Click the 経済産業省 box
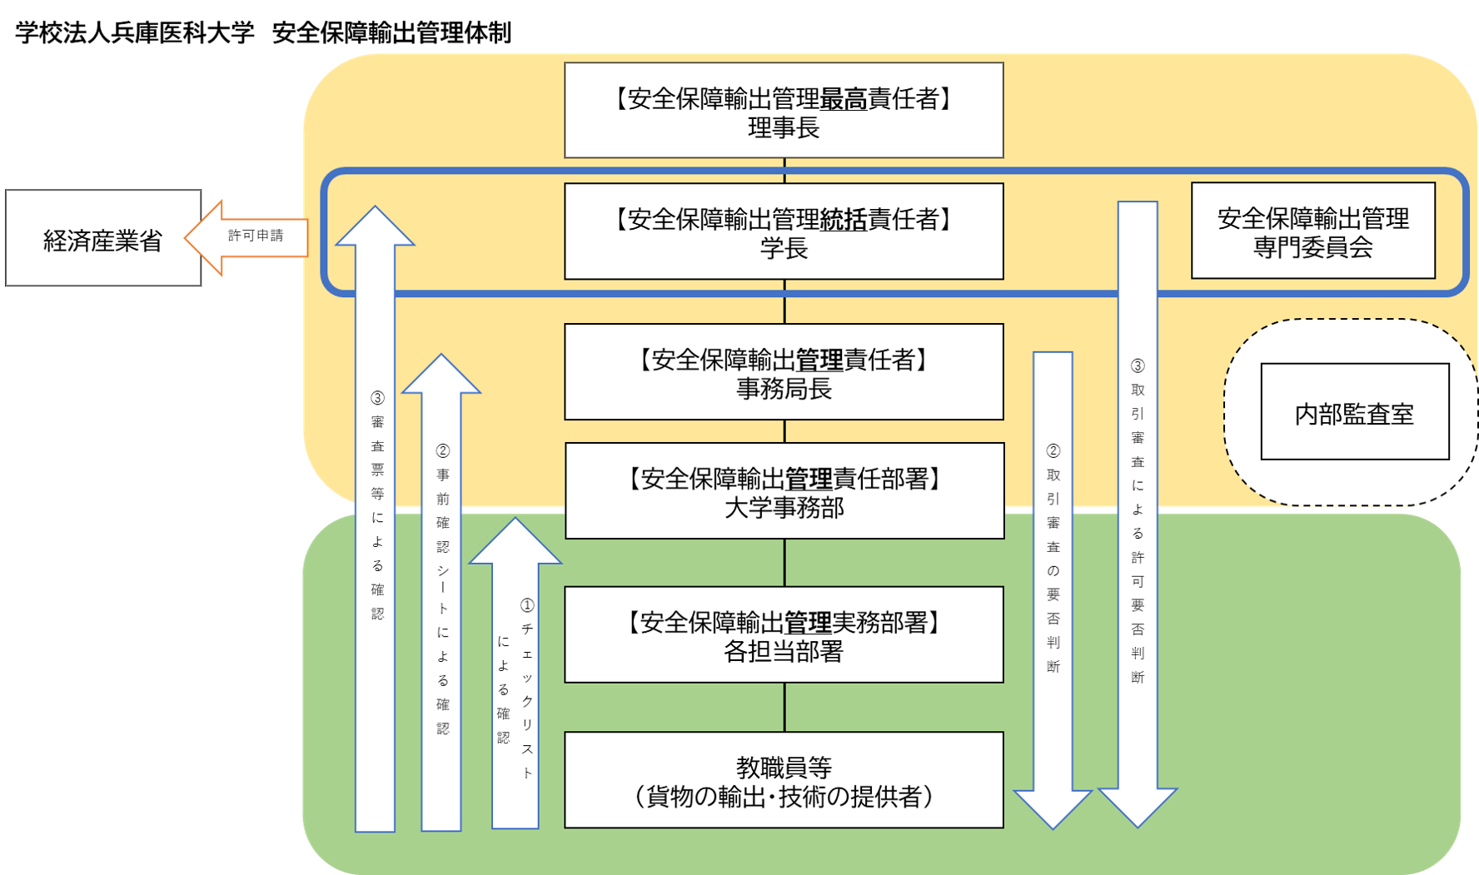pos(102,239)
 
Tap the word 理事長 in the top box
pos(784,128)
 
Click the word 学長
pos(784,248)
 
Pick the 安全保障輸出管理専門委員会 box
pos(1312,231)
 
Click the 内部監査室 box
pos(1354,412)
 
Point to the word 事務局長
pos(784,389)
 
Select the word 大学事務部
pos(784,508)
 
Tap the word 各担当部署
pos(784,652)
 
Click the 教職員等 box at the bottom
pos(784,780)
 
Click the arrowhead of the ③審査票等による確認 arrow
pos(375,227)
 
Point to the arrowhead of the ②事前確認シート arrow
pos(441,375)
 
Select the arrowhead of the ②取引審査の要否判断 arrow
pos(1053,808)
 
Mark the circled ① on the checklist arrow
pos(526,605)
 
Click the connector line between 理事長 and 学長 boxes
pos(784,171)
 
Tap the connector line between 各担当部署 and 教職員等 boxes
pos(784,707)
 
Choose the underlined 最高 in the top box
pos(844,100)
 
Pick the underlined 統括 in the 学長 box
pos(844,220)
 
